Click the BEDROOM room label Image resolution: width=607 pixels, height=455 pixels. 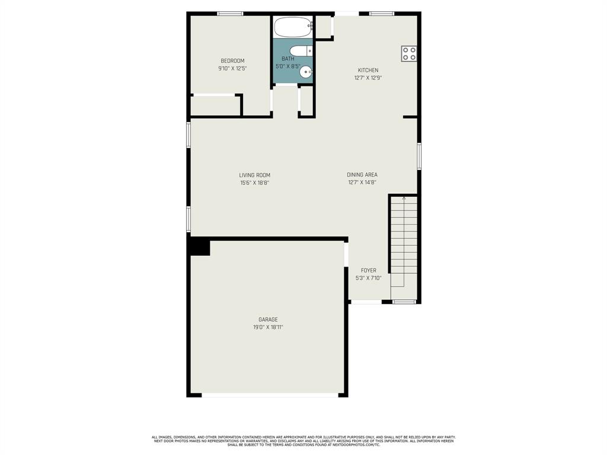(x=232, y=61)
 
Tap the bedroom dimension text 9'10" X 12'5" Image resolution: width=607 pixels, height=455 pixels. (x=232, y=69)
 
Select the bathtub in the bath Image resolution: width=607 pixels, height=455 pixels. (x=293, y=27)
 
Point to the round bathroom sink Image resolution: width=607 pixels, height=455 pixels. (x=306, y=72)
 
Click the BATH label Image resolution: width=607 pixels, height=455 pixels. (x=287, y=59)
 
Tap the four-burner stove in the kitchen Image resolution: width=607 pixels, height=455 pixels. (x=409, y=54)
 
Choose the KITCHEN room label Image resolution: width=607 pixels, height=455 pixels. (x=368, y=71)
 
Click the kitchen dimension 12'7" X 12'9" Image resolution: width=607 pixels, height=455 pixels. (x=368, y=78)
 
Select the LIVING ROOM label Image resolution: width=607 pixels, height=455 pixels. (x=255, y=175)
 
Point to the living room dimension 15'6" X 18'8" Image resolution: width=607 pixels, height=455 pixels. (x=255, y=183)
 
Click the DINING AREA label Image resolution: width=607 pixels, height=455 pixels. (x=362, y=175)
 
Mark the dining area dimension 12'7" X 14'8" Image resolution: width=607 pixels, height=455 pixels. (x=362, y=182)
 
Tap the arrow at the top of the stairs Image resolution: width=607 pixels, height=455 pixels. (x=404, y=198)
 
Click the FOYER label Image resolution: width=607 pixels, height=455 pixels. (x=369, y=271)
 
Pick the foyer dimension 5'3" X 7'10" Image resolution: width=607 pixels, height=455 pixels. (x=369, y=278)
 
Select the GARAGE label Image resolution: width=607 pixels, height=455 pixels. (x=268, y=320)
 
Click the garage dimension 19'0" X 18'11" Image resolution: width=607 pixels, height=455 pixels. (x=268, y=327)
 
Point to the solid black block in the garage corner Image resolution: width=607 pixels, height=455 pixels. (x=199, y=246)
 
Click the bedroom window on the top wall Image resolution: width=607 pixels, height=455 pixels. (x=230, y=14)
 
